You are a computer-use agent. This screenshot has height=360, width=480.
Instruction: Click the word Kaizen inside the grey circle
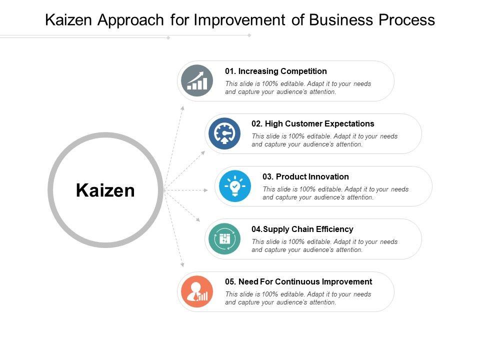click(x=105, y=190)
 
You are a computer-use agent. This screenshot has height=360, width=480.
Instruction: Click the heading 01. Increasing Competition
click(x=276, y=71)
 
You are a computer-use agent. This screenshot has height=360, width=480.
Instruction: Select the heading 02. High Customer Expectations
click(x=313, y=124)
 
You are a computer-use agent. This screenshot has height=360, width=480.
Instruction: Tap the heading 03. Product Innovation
click(x=305, y=176)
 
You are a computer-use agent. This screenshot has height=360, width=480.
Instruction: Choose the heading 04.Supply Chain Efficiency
click(x=302, y=229)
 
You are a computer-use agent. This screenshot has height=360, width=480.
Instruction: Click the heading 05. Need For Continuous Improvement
click(x=298, y=282)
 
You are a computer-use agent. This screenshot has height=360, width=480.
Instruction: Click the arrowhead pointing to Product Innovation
click(x=206, y=190)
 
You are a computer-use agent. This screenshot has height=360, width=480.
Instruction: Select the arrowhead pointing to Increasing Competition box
click(x=183, y=107)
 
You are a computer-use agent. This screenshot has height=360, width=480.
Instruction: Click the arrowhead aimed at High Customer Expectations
click(x=202, y=151)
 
